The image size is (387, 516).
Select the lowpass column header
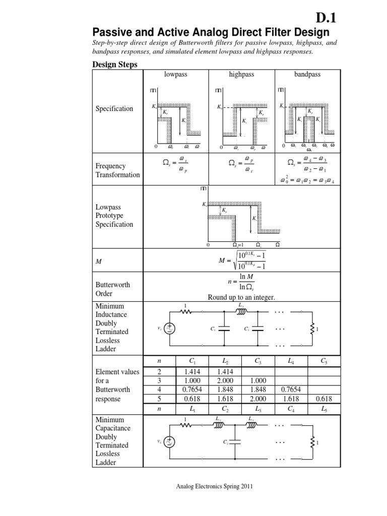pos(176,74)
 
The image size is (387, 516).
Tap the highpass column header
pos(241,74)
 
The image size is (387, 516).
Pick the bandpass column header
pos(307,74)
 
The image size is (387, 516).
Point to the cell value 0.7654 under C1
pos(192,390)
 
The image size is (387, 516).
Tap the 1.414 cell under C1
pos(192,371)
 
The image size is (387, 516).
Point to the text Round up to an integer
pos(241,297)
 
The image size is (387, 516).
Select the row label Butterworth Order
pos(113,289)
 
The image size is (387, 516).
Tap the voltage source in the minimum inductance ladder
pos(170,329)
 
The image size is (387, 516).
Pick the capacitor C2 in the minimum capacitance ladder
pos(235,442)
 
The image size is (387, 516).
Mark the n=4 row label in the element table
pos(160,390)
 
